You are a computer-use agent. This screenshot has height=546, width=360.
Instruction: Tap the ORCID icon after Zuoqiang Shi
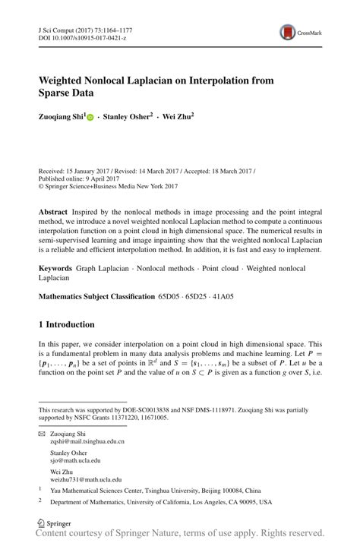tap(90, 118)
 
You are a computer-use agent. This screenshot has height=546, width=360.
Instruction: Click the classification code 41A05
tap(242, 296)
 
